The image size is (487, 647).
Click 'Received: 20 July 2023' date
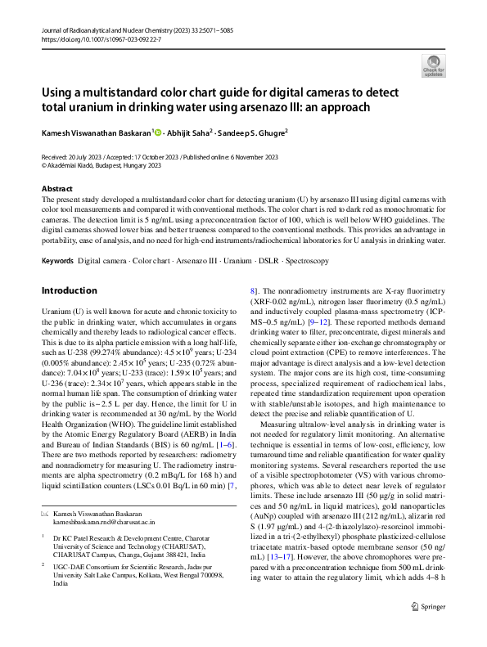point(74,156)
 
